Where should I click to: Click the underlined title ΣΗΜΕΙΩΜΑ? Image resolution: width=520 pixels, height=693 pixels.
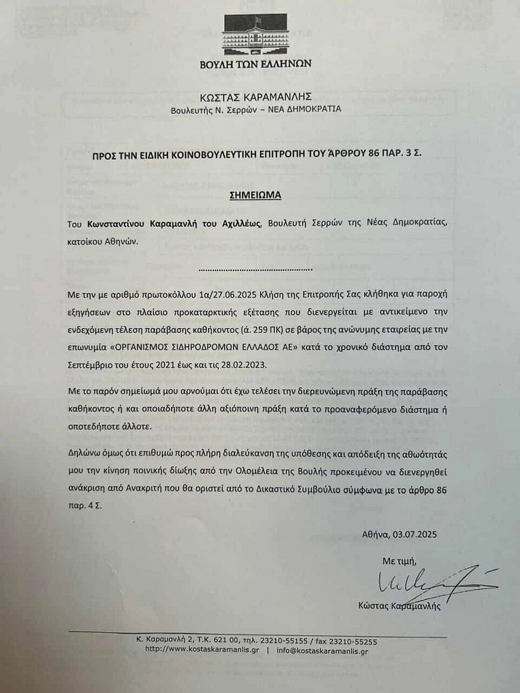[x=257, y=195]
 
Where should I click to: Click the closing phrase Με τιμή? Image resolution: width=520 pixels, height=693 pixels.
[x=399, y=561]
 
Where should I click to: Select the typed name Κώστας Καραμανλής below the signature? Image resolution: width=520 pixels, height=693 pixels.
[x=399, y=606]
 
